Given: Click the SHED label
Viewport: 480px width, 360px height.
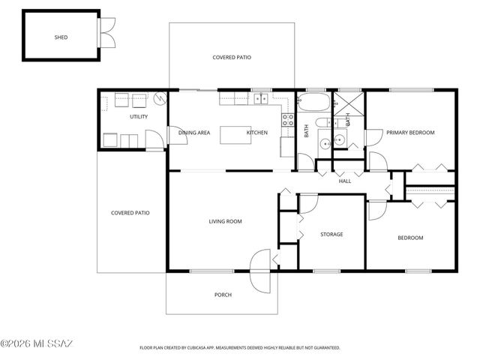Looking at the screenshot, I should tap(61, 37).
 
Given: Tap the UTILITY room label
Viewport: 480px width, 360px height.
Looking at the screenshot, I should tap(139, 116).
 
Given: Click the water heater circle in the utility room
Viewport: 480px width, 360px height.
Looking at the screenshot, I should tap(159, 98).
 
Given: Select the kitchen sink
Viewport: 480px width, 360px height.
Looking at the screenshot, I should tap(261, 98).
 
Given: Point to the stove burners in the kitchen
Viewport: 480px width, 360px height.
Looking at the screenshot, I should tap(286, 118).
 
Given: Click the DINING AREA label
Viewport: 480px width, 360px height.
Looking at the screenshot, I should tap(194, 133).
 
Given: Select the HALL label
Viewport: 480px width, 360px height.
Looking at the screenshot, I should tap(345, 181).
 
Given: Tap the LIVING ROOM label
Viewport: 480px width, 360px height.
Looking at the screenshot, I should tap(225, 221).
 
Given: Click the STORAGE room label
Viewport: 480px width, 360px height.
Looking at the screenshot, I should tap(331, 235).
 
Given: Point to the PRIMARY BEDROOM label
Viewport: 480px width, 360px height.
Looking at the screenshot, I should tap(410, 133).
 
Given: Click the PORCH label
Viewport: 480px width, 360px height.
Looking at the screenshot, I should tap(223, 295).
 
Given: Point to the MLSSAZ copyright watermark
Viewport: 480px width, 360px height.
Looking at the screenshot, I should tap(37, 343).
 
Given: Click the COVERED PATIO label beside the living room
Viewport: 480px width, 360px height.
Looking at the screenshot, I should tap(130, 213).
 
